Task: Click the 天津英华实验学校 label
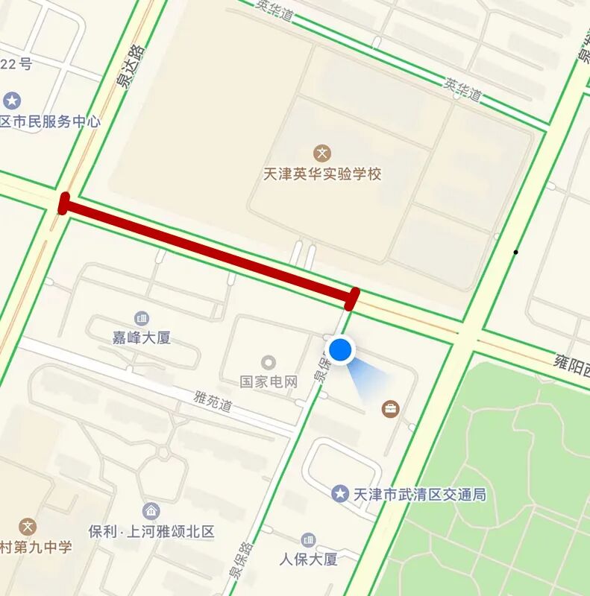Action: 322,174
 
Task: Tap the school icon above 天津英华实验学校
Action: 322,154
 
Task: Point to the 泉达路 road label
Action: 129,67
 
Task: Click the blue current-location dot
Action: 341,349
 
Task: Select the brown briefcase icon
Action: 390,408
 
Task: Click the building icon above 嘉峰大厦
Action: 141,319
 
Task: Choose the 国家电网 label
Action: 269,381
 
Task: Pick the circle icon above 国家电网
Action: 269,363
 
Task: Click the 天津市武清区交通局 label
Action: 420,494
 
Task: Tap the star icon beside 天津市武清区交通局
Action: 340,494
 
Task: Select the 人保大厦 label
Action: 309,558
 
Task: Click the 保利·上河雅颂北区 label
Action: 151,531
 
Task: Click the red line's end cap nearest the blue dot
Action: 353,297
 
